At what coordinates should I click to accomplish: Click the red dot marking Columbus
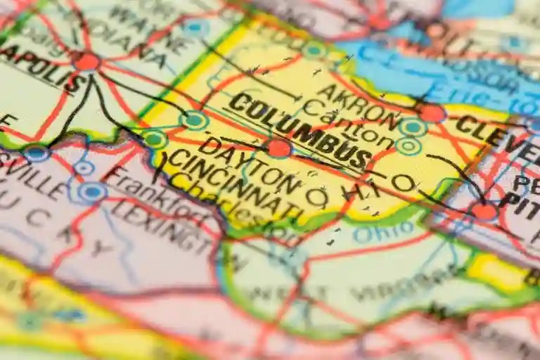pos(278,148)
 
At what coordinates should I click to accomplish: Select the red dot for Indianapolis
pos(86,62)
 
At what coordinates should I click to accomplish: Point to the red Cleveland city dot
pos(432,112)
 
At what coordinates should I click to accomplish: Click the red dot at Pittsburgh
pos(484,210)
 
